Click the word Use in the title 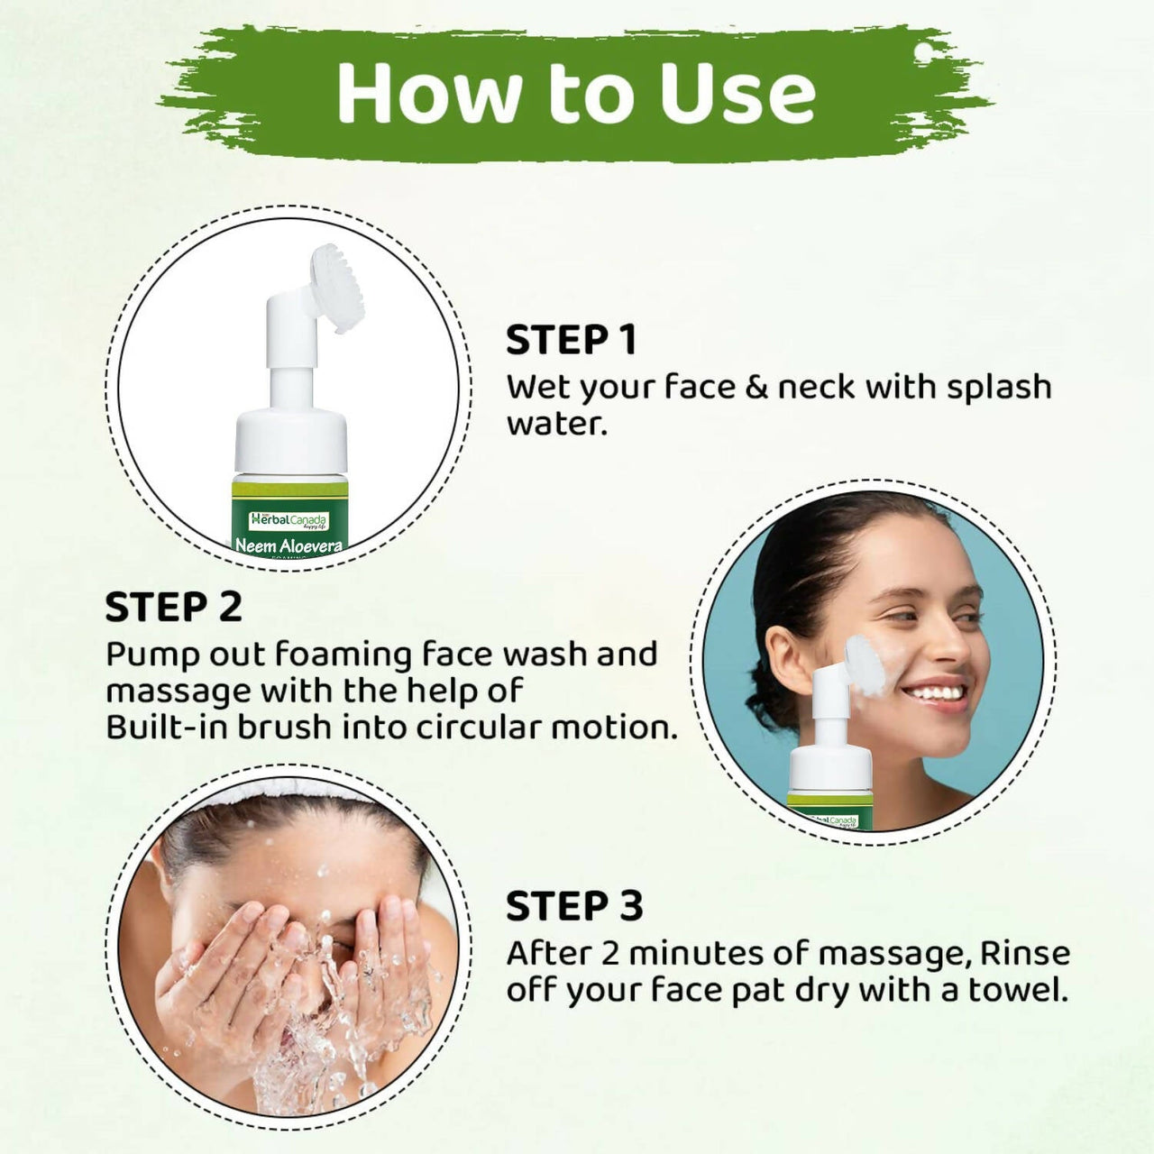coord(737,93)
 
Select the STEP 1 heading coord(571,341)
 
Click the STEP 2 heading coord(173,607)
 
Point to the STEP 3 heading coord(574,906)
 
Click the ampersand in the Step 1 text coord(756,387)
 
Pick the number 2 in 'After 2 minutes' coord(611,953)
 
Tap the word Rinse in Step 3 coord(1025,953)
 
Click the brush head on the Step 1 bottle coord(337,288)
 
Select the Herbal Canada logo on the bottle coord(289,520)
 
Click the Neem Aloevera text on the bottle coord(288,545)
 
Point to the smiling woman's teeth coord(934,693)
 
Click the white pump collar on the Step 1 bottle coord(290,442)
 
